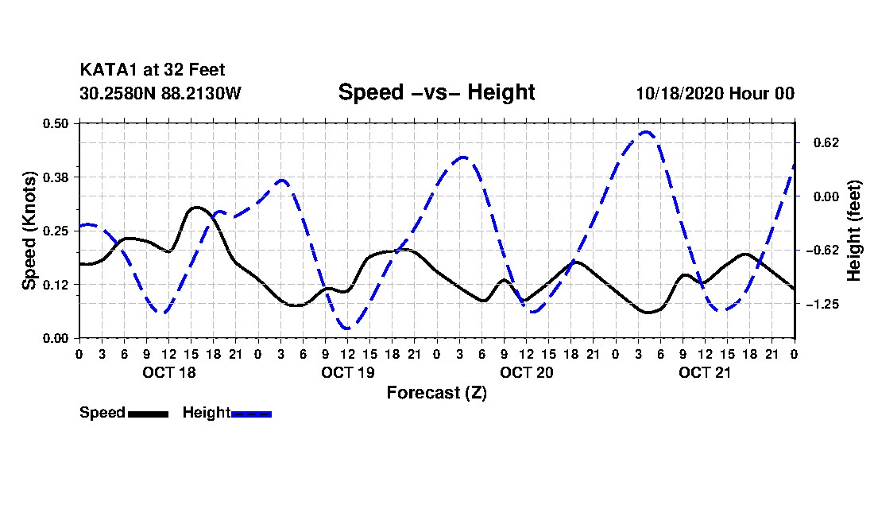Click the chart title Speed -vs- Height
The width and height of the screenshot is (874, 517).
(436, 92)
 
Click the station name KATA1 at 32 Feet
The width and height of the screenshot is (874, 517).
(146, 71)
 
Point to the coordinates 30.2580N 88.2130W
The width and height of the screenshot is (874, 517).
(160, 93)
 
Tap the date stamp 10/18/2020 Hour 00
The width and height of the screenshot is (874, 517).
(715, 93)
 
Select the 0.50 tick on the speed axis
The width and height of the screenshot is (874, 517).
(58, 123)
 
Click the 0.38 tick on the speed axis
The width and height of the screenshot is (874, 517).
(58, 177)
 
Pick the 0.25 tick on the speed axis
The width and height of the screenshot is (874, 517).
(58, 231)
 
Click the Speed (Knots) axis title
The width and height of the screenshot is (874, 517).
(29, 230)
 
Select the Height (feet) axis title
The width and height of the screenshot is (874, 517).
(854, 231)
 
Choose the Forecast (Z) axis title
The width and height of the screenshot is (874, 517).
(436, 392)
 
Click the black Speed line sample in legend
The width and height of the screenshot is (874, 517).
(148, 414)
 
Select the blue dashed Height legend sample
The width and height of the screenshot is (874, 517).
(251, 414)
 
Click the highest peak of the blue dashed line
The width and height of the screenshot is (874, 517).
(646, 132)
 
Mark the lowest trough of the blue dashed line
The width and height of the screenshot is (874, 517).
(346, 328)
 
